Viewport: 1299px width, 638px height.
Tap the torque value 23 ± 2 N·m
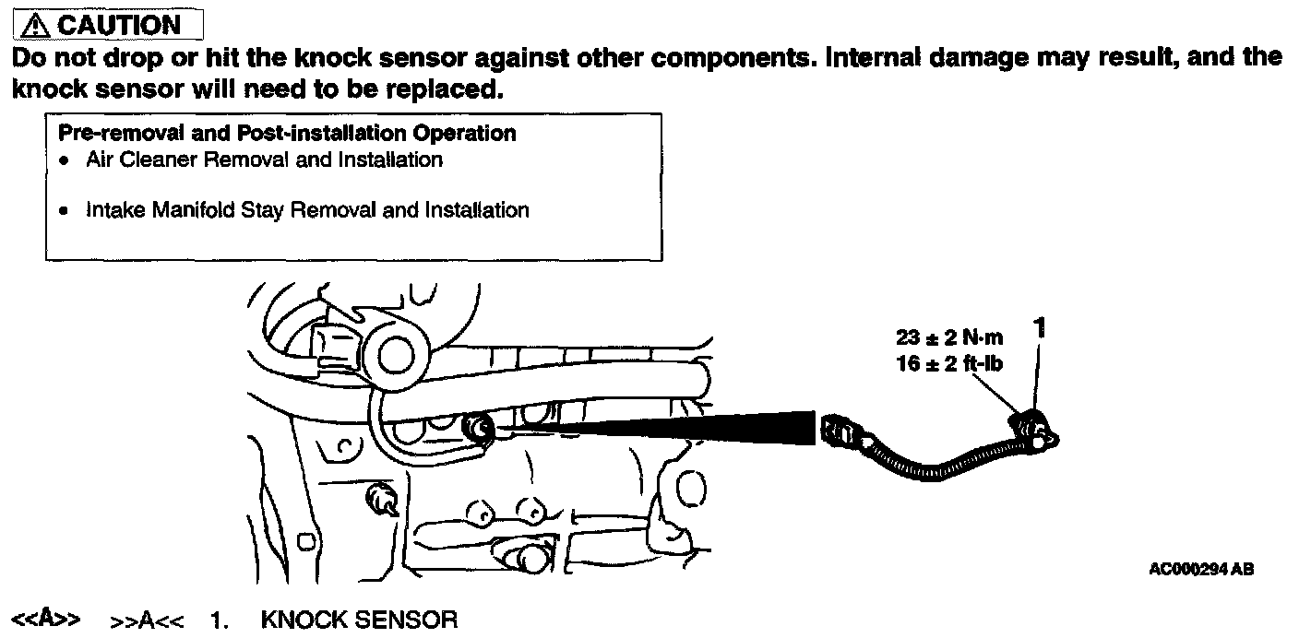click(x=949, y=337)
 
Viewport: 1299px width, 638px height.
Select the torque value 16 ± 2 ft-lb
click(x=949, y=363)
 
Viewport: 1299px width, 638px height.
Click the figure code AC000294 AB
click(x=1201, y=570)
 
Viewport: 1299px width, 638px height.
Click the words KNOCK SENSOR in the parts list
click(x=359, y=619)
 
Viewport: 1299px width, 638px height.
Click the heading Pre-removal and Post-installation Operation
click(x=287, y=133)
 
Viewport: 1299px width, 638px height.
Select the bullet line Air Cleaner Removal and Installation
click(x=264, y=159)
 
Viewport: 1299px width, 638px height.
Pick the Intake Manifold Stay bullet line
click(x=307, y=210)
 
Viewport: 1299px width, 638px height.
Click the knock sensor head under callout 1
click(x=1035, y=431)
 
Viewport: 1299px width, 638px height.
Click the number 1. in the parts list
click(x=219, y=619)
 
